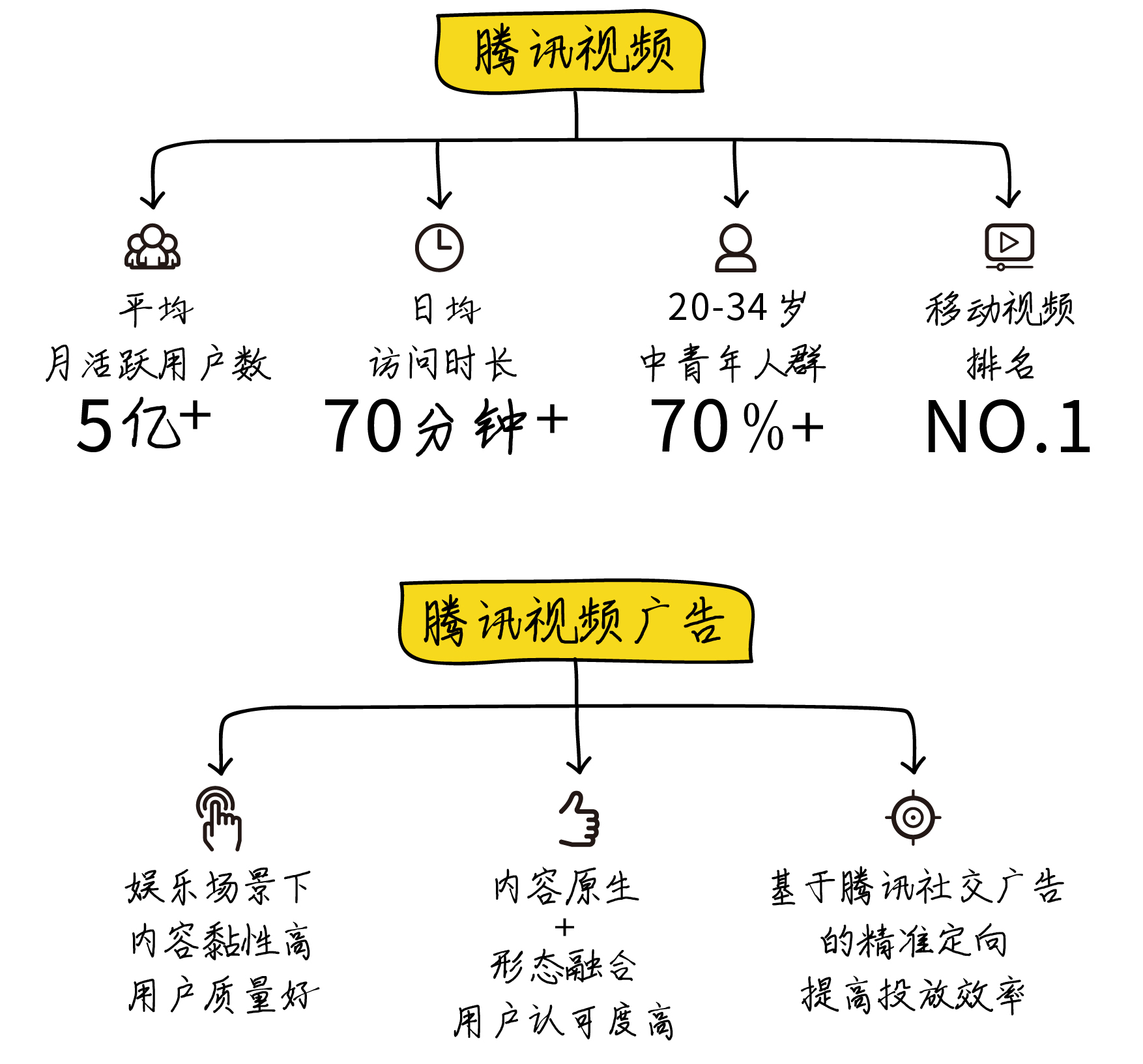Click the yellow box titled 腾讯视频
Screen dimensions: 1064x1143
tap(571, 52)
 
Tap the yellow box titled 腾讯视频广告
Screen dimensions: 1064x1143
tap(576, 622)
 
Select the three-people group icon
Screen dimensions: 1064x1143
tap(152, 247)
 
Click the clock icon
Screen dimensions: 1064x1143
tap(439, 248)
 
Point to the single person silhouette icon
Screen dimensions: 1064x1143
tap(736, 248)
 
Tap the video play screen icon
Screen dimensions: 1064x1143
tap(1009, 246)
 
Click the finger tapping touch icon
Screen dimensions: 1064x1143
tap(219, 818)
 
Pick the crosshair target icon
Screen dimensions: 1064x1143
tap(913, 817)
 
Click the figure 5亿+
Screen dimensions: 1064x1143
tap(143, 425)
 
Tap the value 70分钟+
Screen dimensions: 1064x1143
tap(446, 426)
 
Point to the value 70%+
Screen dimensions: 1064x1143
tap(736, 426)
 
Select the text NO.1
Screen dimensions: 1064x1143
tap(1007, 427)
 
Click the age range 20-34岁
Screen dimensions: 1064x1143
tap(736, 308)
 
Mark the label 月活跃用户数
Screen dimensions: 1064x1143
tap(158, 364)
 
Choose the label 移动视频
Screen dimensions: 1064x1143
tap(1000, 309)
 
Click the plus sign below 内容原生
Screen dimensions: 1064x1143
tap(565, 927)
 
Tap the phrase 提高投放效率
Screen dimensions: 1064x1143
tap(912, 995)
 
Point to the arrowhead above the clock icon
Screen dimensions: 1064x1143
tap(440, 199)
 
